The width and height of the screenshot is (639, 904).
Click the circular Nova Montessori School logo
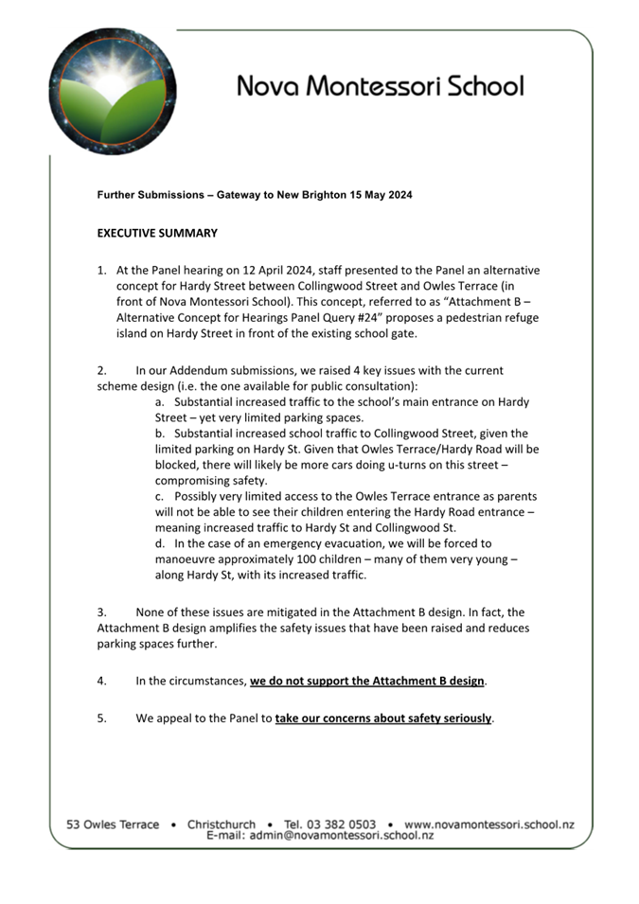(113, 91)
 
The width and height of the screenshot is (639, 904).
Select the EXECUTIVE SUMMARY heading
(157, 233)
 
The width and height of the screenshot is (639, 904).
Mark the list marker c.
(160, 496)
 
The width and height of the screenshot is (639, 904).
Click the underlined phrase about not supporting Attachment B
(367, 681)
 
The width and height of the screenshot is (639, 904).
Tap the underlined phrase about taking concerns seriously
(383, 718)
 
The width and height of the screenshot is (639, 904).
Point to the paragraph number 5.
(101, 718)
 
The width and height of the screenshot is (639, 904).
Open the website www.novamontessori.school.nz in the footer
(488, 824)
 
